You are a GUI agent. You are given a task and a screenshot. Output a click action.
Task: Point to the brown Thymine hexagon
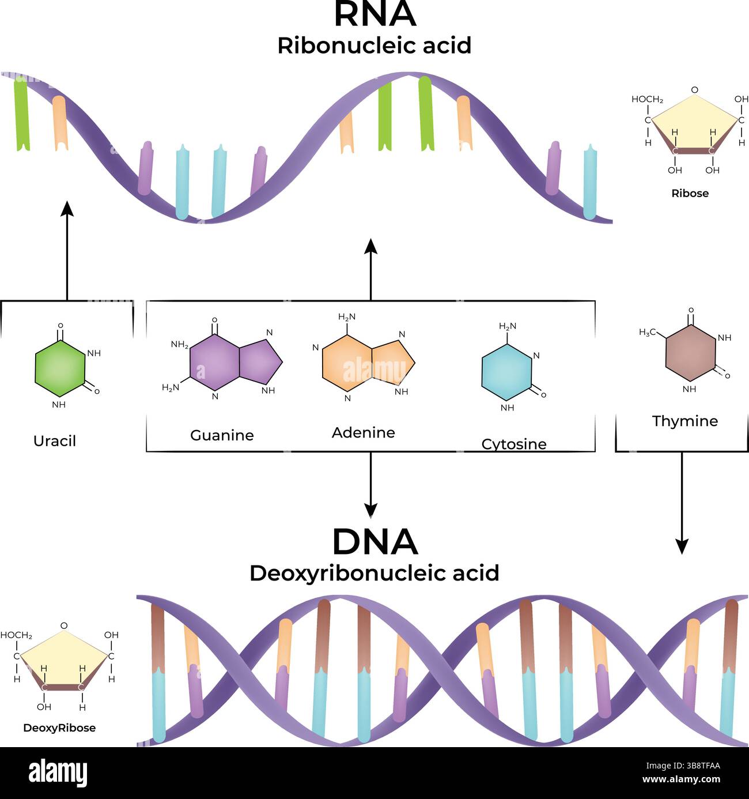[x=690, y=352]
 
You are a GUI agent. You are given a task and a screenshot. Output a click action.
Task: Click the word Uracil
[x=55, y=441]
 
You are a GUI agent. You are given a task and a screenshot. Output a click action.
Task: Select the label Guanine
[x=222, y=435]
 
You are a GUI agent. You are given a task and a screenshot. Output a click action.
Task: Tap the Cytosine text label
[x=514, y=444]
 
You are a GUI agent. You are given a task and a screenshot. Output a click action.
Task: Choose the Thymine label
[x=685, y=421]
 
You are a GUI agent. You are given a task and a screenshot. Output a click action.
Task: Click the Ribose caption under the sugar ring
[x=690, y=193]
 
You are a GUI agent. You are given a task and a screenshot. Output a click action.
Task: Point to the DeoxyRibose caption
[x=59, y=728]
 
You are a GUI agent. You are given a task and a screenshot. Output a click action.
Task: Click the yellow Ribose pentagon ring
[x=694, y=124]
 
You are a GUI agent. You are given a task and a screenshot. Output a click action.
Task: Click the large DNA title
[x=374, y=542]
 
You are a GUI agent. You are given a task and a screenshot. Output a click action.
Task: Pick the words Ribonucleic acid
[x=374, y=46]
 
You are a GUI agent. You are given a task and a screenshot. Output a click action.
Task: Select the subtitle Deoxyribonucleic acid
[x=374, y=573]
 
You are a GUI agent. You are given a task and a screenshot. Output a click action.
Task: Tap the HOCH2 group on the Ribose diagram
[x=647, y=99]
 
